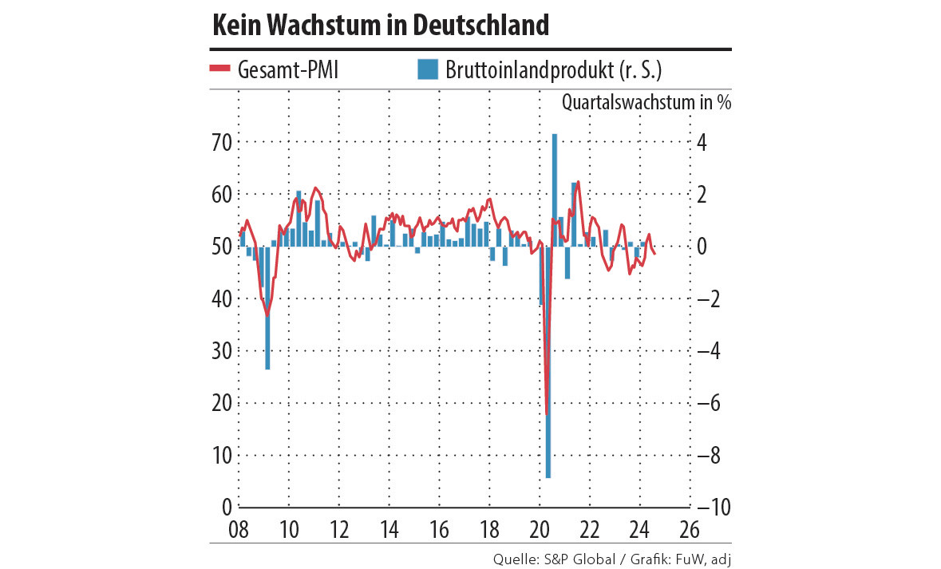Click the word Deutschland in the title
pos(481,26)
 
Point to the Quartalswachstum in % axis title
pos(646,102)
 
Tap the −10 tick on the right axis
pos(713,508)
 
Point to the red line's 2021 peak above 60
pos(578,182)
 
